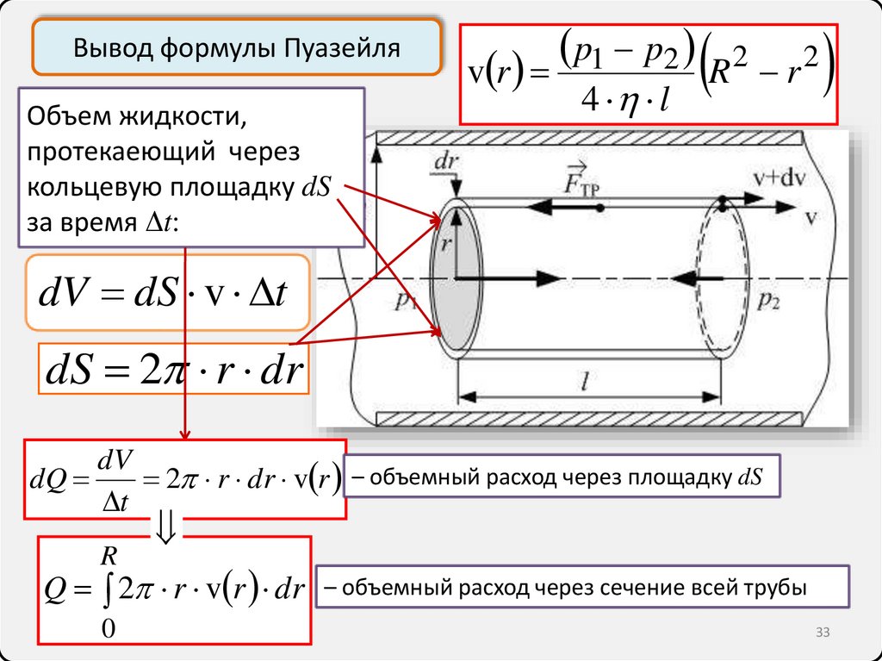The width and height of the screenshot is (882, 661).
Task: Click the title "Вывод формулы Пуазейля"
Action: click(237, 47)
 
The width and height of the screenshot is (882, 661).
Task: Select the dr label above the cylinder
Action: click(447, 161)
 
